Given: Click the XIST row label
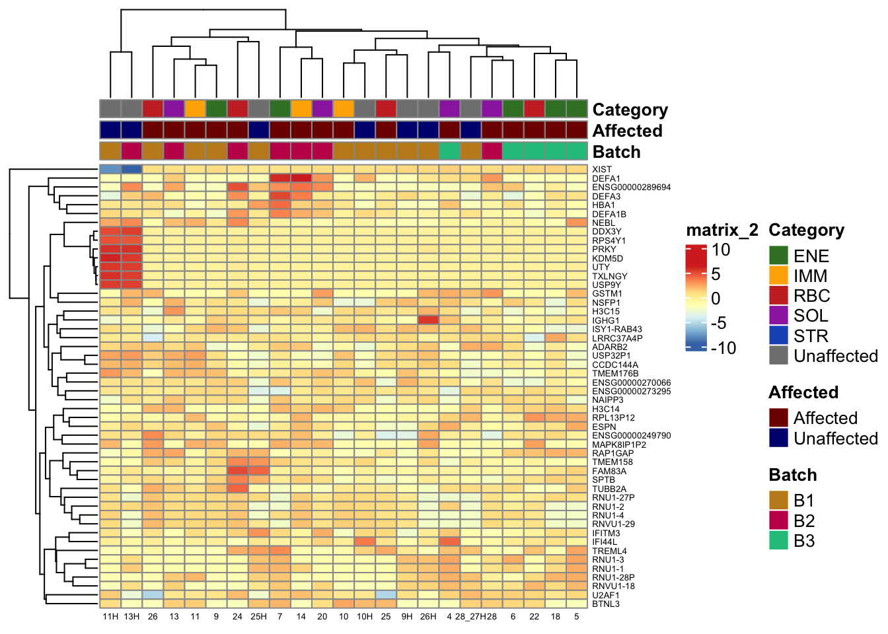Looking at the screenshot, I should (602, 170).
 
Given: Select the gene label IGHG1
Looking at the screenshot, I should (606, 320).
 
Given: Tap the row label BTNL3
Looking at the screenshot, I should (606, 604).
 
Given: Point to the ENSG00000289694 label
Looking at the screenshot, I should (631, 188).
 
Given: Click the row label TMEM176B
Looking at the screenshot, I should (615, 374).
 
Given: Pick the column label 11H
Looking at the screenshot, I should (110, 617).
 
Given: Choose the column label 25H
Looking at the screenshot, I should (258, 617).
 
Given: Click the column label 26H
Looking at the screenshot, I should (428, 617).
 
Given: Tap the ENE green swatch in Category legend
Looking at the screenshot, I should (779, 256).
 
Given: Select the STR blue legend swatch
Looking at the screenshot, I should (779, 335).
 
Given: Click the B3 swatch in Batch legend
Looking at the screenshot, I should (779, 541).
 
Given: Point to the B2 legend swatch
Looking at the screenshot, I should (779, 521).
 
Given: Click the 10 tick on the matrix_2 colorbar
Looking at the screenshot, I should (721, 250).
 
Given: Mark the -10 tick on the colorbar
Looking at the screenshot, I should (723, 348).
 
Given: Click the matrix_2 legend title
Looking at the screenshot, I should (722, 230).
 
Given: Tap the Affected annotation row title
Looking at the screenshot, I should (627, 131).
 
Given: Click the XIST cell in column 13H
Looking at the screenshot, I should (131, 170).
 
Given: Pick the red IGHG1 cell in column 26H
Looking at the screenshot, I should (428, 320).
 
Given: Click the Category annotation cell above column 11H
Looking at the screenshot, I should (110, 108).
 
